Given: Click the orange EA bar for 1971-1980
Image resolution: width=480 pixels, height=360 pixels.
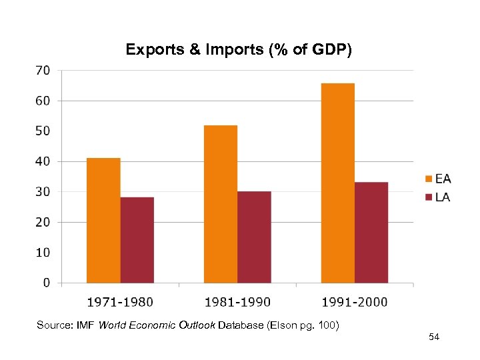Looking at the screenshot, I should (103, 220).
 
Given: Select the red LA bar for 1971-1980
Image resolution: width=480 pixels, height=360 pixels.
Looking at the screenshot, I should (137, 240).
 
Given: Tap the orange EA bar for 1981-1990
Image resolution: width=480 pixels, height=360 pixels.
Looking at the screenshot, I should (221, 204).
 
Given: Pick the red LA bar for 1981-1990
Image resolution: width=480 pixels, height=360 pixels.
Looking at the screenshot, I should (254, 237).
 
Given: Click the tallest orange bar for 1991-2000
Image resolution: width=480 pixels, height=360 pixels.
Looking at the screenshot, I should (337, 183).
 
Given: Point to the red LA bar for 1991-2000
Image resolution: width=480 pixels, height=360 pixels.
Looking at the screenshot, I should (371, 233).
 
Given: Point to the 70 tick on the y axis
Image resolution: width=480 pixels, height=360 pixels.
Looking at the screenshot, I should (42, 70).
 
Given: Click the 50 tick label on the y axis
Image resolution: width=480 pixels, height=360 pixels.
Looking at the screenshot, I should (42, 131).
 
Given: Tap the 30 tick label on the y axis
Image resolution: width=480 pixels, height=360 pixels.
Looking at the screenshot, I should (42, 192).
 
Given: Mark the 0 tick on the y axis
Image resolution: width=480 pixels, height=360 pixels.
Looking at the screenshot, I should (46, 283).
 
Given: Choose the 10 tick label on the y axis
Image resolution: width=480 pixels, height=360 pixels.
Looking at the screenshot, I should (42, 253).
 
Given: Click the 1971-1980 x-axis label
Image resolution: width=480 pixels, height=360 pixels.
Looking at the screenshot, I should (120, 302).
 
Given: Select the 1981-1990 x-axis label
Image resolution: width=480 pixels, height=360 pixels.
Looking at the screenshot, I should (237, 302).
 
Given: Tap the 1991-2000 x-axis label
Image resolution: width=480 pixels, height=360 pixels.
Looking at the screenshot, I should (355, 302).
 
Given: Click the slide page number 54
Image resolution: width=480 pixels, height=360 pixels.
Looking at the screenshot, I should (434, 339).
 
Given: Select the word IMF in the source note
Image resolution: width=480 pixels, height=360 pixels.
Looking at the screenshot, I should (83, 325).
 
